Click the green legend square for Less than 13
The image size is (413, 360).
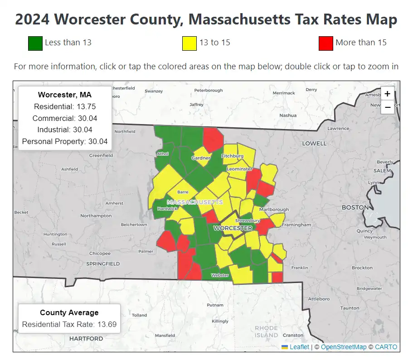[35, 43]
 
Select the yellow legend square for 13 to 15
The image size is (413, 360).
[189, 43]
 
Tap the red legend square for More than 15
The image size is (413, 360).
[326, 43]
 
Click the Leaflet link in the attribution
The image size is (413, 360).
[299, 347]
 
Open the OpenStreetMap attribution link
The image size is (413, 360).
[343, 347]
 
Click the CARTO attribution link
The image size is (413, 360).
[386, 347]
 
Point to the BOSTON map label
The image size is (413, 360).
[355, 207]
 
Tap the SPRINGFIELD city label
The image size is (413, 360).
[103, 264]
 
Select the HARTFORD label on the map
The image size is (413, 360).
[86, 338]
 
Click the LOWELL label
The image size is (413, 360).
[314, 144]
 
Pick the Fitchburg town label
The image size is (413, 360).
[232, 156]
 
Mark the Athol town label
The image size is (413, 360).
[162, 154]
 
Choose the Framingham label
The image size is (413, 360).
[296, 225]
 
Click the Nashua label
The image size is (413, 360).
[288, 115]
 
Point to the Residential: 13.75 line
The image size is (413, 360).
[65, 106]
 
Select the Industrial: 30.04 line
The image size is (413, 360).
[65, 130]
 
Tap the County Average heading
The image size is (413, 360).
[69, 312]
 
